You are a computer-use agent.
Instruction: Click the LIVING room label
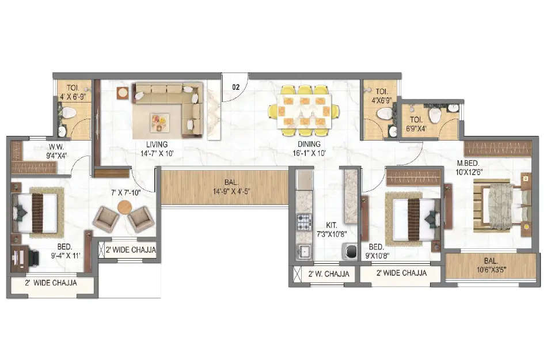pos(157,144)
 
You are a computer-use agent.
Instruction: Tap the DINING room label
pos(309,144)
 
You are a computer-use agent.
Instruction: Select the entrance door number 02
pos(235,87)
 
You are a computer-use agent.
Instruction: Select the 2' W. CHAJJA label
pos(329,274)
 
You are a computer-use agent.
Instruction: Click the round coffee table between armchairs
pos(124,207)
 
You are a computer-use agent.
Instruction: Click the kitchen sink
pos(303,252)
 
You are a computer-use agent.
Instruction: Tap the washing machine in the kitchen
pos(350,251)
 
